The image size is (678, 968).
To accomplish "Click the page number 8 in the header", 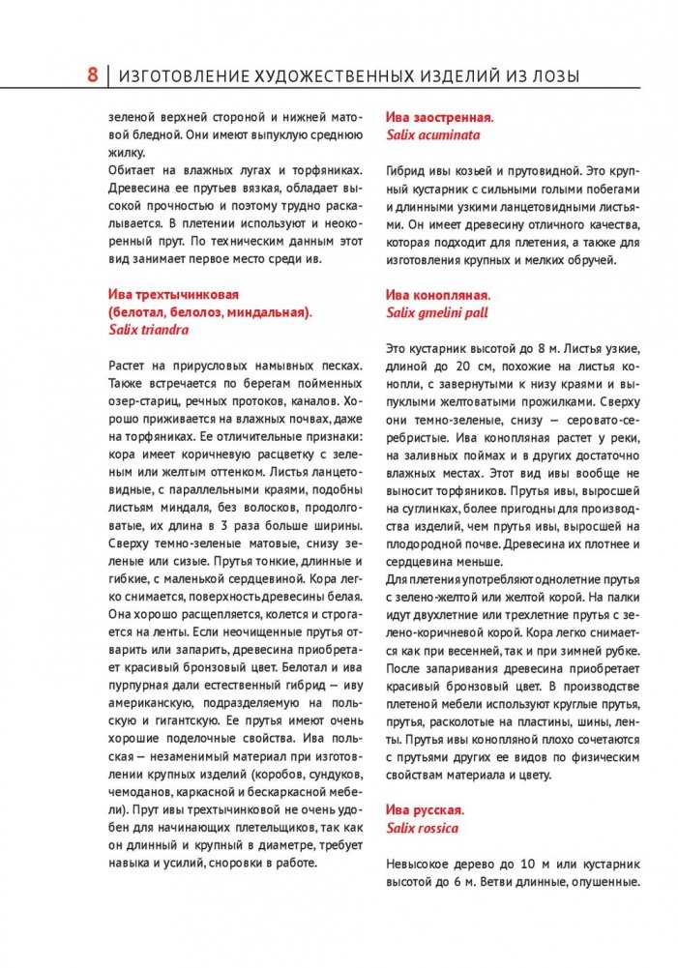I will point(92,74).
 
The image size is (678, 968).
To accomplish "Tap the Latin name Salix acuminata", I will point(432,135).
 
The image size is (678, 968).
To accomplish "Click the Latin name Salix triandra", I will point(148,329).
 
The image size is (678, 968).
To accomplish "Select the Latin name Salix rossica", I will point(422,828).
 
